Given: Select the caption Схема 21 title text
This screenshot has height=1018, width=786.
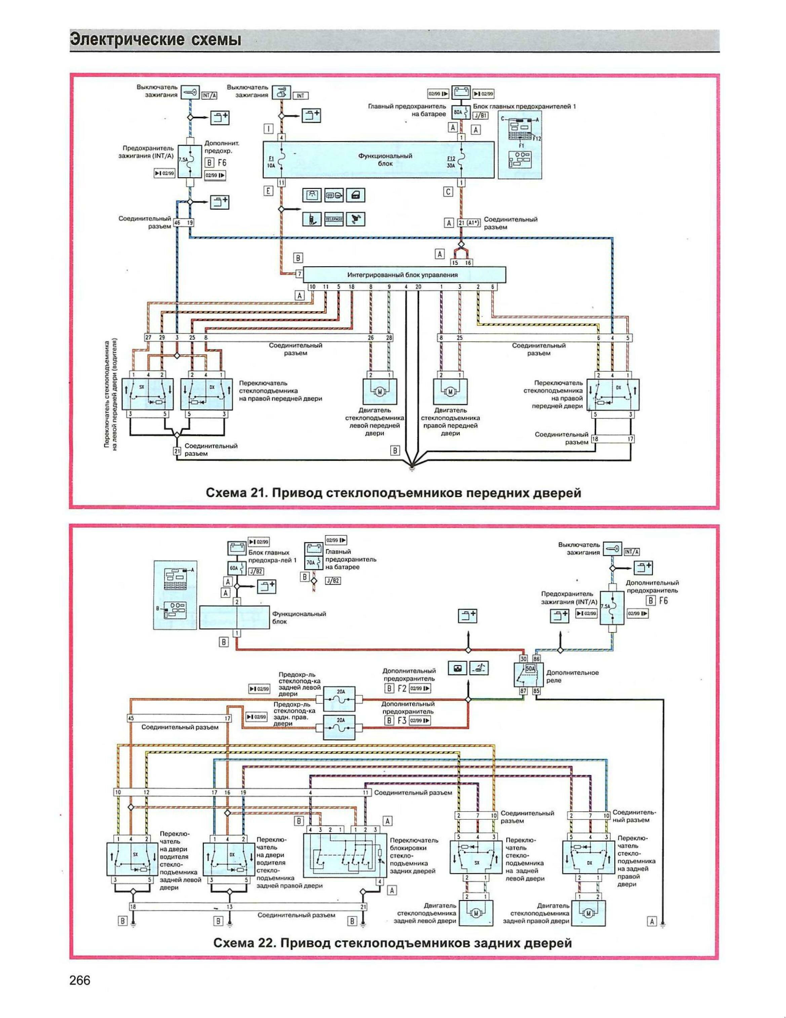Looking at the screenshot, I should [394, 493].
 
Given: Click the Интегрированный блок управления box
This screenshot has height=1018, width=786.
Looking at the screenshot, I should [402, 275].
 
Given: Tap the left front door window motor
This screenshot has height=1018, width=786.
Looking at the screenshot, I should [380, 392].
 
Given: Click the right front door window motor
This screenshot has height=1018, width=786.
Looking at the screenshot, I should [450, 392].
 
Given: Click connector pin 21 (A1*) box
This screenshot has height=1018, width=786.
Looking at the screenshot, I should [468, 223].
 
